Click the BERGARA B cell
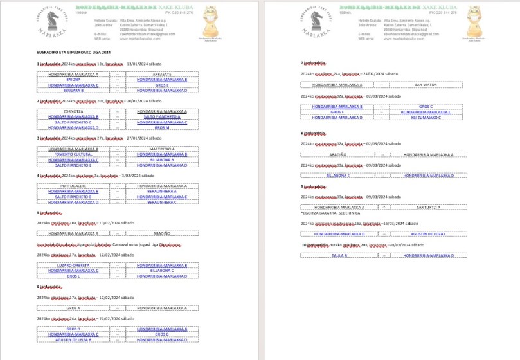tap(73, 91)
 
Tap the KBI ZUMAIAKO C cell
tap(426, 117)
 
